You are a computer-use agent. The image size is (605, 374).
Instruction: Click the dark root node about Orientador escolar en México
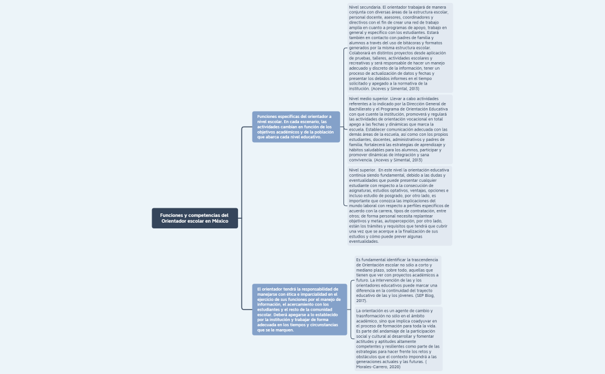[x=195, y=218]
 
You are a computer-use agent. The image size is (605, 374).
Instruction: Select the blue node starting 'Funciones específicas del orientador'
[x=296, y=127]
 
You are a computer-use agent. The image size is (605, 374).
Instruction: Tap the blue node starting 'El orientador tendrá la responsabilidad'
[x=300, y=309]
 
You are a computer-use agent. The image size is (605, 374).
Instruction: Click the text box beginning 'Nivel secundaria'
[x=399, y=48]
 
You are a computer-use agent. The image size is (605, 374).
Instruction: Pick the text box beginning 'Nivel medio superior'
[x=399, y=129]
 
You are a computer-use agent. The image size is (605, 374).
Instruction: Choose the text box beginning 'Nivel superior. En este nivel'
[x=399, y=205]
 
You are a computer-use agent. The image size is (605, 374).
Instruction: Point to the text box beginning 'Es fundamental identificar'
[x=398, y=280]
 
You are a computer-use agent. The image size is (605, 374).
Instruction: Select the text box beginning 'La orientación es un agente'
[x=398, y=338]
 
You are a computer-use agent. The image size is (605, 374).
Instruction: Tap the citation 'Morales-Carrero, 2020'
[x=378, y=367]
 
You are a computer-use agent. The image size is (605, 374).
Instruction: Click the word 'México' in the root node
[x=220, y=221]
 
